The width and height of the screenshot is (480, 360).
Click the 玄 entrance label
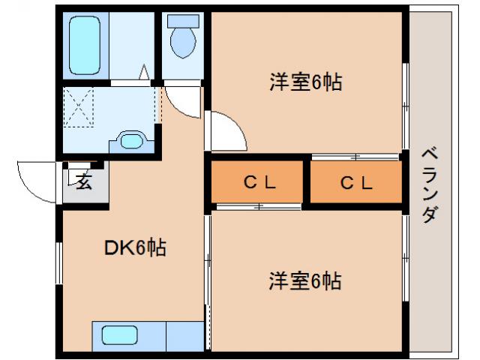click(84, 182)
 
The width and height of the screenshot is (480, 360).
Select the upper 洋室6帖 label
click(305, 82)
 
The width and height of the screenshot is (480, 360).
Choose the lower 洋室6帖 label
click(305, 281)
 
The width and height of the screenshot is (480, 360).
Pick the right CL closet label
click(355, 182)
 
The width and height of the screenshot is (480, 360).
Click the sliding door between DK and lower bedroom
click(208, 262)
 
